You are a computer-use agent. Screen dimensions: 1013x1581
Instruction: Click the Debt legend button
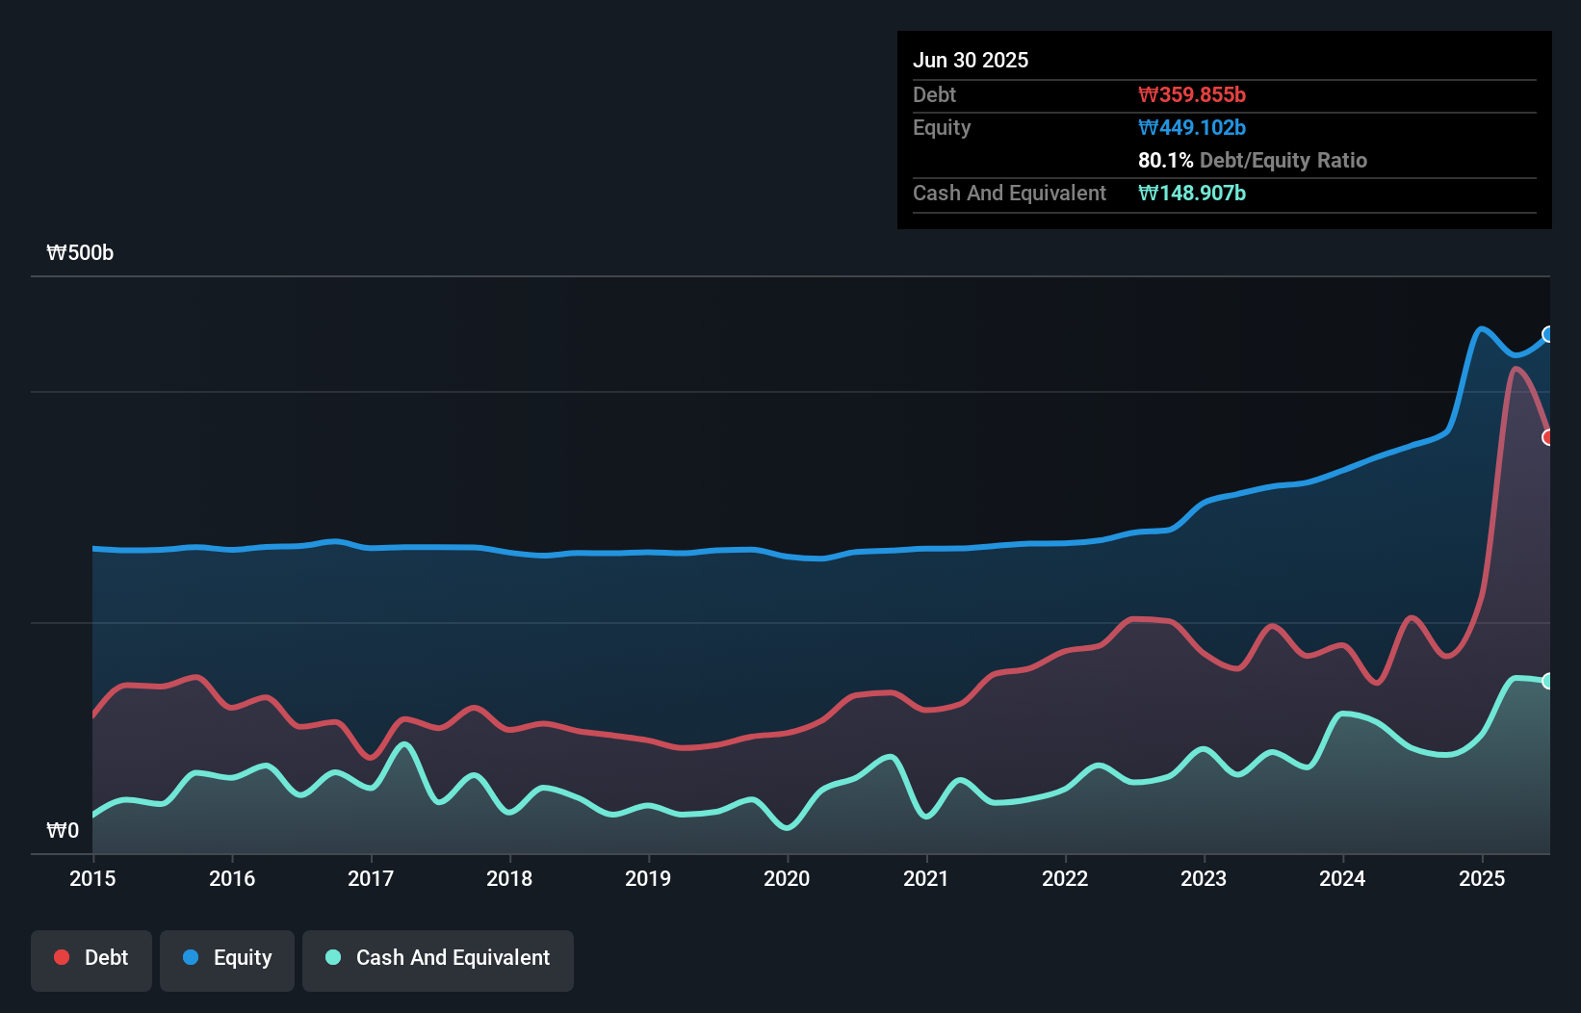pos(91,958)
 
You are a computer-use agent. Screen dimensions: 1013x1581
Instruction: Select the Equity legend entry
pos(227,958)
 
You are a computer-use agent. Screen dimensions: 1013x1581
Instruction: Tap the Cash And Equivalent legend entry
pos(438,958)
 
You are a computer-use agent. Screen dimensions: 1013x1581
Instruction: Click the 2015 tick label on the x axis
pos(92,878)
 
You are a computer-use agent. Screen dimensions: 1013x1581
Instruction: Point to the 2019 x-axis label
pos(648,878)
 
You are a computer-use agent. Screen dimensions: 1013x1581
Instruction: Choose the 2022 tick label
pos(1065,878)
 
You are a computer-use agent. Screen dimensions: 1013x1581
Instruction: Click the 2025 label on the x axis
pos(1482,878)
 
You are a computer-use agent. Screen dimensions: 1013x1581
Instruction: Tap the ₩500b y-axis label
pos(80,253)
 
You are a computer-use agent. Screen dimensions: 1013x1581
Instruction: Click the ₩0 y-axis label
pos(63,830)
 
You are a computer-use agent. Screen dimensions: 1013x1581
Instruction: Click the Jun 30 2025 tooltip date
pos(971,61)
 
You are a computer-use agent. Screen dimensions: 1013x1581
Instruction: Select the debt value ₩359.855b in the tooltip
pos(1192,95)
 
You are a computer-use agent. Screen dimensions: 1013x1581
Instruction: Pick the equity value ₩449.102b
pos(1192,128)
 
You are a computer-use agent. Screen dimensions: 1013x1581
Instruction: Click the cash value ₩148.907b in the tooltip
pos(1192,194)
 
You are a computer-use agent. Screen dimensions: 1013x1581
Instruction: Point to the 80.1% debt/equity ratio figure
pos(1165,161)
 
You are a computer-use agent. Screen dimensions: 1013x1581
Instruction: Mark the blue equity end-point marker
pos(1548,334)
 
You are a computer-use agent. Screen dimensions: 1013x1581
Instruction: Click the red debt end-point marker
pos(1548,437)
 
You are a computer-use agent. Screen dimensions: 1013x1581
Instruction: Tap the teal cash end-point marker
pos(1548,681)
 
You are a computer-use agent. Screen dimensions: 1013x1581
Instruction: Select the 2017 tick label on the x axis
pos(371,878)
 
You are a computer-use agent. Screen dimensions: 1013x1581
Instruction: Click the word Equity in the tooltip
pos(942,128)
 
